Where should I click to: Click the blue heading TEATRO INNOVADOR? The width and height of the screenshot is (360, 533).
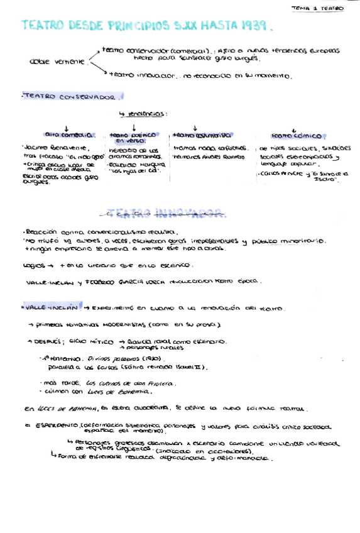pos(166,213)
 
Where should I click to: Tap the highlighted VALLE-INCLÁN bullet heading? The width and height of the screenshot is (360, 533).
pos(53,308)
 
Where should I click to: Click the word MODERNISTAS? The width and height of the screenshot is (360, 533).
pos(121,325)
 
